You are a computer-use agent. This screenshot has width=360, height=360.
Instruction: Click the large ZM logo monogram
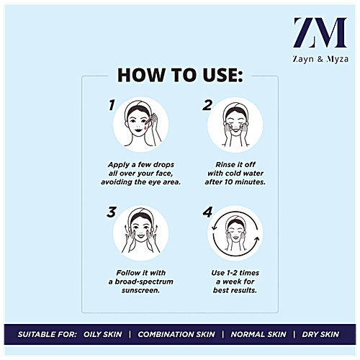(320, 32)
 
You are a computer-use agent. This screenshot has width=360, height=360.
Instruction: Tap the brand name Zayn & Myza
(320, 59)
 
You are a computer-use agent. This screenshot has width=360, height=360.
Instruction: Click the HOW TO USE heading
(180, 75)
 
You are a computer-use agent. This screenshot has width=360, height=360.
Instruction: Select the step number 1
(112, 105)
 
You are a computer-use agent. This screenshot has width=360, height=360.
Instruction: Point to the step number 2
(207, 105)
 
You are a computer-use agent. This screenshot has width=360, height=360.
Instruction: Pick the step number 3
(112, 212)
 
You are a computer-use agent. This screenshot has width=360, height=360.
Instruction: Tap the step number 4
(207, 212)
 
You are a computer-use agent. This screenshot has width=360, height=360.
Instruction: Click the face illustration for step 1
(141, 125)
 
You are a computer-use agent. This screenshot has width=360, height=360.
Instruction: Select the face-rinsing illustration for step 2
(235, 125)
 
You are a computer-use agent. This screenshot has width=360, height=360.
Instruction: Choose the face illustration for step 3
(141, 233)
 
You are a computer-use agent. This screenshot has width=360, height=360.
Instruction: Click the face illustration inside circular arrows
(235, 233)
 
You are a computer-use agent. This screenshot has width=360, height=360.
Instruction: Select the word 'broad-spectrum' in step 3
(144, 282)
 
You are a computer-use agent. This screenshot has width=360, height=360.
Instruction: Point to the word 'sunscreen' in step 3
(140, 290)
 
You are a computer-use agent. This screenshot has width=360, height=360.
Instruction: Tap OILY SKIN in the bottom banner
(103, 334)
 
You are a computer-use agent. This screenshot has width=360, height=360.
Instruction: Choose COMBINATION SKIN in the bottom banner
(176, 334)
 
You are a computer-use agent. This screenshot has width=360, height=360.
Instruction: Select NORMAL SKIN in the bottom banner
(258, 334)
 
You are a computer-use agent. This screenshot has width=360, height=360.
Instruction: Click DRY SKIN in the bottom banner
(320, 334)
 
